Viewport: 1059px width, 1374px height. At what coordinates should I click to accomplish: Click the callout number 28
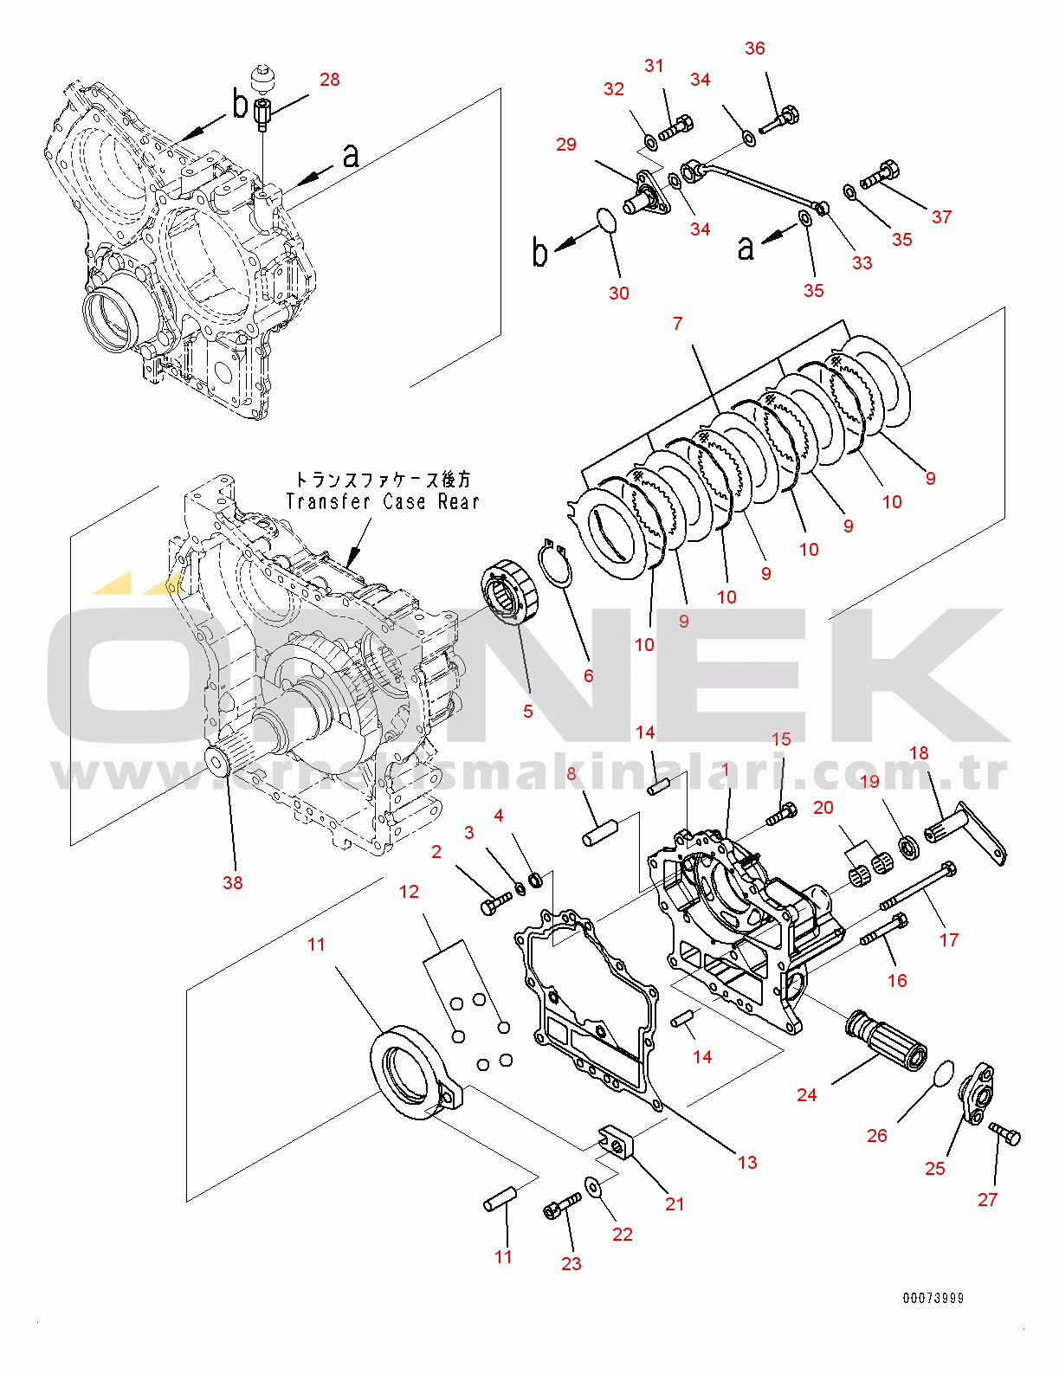tap(329, 80)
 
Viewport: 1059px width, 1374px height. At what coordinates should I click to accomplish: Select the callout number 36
tap(754, 48)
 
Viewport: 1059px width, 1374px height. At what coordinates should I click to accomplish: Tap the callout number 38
tap(232, 882)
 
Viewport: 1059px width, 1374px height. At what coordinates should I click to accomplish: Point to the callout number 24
tap(806, 1095)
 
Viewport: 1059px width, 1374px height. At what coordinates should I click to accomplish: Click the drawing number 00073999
tap(933, 1298)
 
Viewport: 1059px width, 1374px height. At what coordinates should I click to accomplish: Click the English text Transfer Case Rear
tap(382, 501)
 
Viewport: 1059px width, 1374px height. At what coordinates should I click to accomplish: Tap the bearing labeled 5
tap(511, 590)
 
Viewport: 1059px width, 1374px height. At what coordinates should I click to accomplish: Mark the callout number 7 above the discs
tap(677, 323)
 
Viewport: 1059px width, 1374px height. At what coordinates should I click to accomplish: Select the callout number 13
tap(747, 1162)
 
